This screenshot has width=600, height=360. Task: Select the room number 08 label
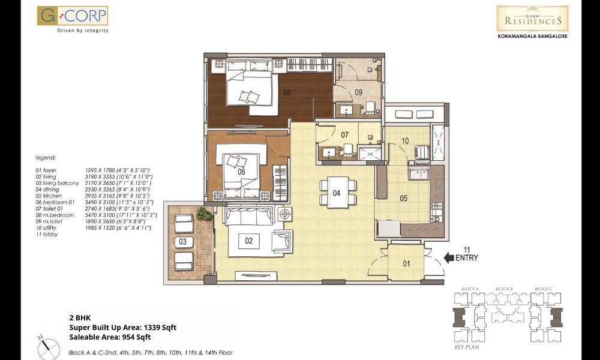(287, 92)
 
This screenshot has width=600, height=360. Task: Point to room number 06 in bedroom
(242, 172)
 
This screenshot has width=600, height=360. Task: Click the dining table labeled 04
(337, 193)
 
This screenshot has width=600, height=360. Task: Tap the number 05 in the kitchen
(404, 198)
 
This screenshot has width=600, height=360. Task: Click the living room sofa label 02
(249, 241)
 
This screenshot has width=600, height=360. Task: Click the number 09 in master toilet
(358, 92)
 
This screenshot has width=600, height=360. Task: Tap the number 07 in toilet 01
(344, 135)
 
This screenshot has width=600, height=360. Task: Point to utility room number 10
(405, 141)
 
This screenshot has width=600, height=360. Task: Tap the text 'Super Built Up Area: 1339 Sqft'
(122, 328)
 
